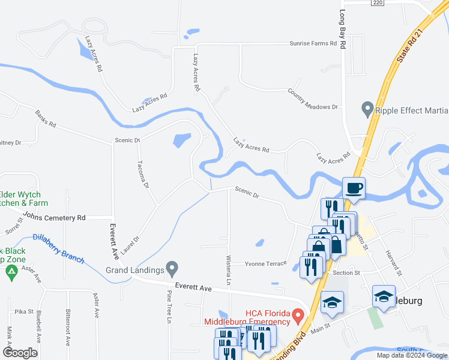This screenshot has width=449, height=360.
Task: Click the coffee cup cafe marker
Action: click(x=354, y=188)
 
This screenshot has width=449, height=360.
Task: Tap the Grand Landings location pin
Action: click(x=172, y=266)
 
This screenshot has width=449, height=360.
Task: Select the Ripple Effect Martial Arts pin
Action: click(x=367, y=110)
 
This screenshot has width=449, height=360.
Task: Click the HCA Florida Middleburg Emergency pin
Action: click(x=296, y=315)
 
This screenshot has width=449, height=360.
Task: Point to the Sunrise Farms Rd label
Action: click(x=313, y=44)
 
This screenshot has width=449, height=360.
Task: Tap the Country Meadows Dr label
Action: click(x=313, y=99)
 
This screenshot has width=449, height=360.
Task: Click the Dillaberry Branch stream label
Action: click(x=58, y=248)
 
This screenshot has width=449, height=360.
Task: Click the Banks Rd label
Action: click(x=45, y=119)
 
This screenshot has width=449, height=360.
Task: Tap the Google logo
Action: click(x=20, y=353)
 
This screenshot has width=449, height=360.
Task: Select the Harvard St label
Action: click(x=393, y=259)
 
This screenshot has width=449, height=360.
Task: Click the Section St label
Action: click(x=346, y=272)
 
